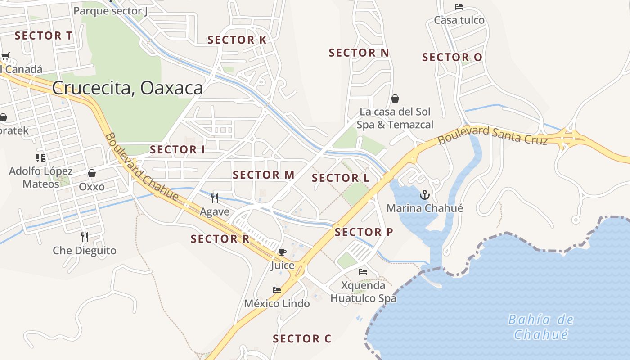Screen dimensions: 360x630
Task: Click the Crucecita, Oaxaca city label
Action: [127, 88]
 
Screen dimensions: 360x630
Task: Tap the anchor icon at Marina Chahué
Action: [424, 195]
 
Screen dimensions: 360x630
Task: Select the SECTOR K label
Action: [237, 40]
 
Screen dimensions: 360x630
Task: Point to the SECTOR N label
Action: [359, 53]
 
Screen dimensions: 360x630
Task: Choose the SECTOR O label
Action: [452, 58]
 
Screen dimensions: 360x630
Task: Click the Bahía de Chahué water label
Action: [541, 327]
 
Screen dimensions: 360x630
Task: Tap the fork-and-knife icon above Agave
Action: [215, 198]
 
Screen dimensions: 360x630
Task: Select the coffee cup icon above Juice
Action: [282, 252]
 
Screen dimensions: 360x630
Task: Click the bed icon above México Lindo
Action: [277, 290]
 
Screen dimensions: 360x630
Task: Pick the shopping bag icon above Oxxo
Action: [92, 173]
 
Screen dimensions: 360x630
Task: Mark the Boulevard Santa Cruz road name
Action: [492, 135]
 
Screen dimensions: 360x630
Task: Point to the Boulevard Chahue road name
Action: [142, 166]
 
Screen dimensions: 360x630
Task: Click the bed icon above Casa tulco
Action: [459, 7]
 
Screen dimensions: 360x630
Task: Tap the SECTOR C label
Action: [302, 339]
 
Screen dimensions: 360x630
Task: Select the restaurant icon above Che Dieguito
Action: [85, 237]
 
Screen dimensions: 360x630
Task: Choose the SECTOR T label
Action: [44, 36]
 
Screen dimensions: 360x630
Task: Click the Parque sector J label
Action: [110, 11]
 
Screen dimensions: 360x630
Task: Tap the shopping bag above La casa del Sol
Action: [395, 99]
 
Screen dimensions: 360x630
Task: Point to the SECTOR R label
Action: [220, 239]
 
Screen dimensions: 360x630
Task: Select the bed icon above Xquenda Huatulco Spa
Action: [363, 271]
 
